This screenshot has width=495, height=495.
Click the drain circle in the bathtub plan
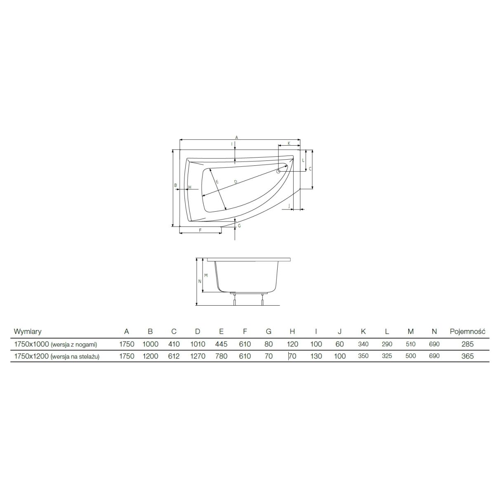pyautogui.click(x=278, y=172)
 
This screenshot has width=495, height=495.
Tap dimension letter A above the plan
pyautogui.click(x=237, y=137)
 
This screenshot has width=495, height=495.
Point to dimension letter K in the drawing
pyautogui.click(x=289, y=143)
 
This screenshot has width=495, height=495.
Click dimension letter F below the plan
pyautogui.click(x=200, y=230)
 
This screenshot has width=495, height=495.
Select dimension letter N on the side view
pyautogui.click(x=200, y=281)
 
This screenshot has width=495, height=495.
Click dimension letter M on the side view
pyautogui.click(x=206, y=276)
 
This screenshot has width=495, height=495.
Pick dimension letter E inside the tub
pyautogui.click(x=217, y=182)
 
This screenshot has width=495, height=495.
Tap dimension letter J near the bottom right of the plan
pyautogui.click(x=289, y=206)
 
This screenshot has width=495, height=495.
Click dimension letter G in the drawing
pyautogui.click(x=239, y=226)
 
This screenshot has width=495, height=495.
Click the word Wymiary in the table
pyautogui.click(x=28, y=331)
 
